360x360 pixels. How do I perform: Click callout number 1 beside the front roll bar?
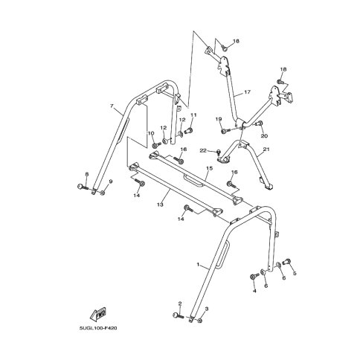pos(198,265)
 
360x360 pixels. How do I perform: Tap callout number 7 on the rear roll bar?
pos(112,106)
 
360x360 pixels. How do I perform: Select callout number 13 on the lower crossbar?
pos(160,205)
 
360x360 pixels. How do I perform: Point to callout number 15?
pos(210,168)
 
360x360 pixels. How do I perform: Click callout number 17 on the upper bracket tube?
pos(247,92)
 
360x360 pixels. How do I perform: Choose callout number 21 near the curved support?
pos(266,150)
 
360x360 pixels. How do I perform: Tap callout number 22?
pos(203,150)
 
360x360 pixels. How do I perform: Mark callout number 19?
pos(219,119)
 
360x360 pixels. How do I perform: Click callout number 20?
pos(264,136)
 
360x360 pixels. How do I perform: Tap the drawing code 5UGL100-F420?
pos(98,328)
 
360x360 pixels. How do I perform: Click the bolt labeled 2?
pos(178,315)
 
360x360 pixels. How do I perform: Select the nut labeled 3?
pos(200,321)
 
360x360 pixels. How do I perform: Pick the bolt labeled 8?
pos(83,187)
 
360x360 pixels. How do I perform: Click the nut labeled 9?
pos(103,193)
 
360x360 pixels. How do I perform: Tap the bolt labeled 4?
pos(254,276)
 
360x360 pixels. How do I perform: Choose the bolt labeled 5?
pos(286,262)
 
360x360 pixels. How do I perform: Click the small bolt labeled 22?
pos(219,152)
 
